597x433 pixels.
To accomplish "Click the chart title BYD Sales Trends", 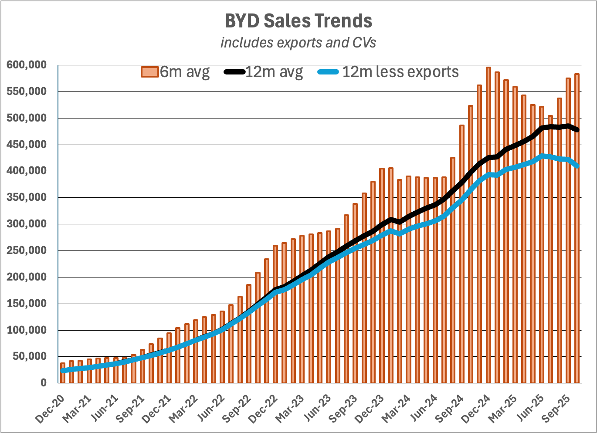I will click(x=298, y=21).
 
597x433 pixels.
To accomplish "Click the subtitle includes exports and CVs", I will click(x=298, y=43).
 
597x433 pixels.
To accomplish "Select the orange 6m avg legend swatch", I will click(x=149, y=72).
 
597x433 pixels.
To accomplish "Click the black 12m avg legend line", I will click(x=234, y=72).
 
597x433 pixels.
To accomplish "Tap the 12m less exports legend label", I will click(x=400, y=72).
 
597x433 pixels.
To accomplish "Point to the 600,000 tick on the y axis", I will click(x=27, y=65).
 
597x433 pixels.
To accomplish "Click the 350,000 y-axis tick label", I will click(x=27, y=198).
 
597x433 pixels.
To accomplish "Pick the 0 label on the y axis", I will click(x=43, y=383).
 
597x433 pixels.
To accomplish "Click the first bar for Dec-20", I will click(x=63, y=373).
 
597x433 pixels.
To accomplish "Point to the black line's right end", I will click(x=577, y=130).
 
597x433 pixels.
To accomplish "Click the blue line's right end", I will click(x=577, y=166).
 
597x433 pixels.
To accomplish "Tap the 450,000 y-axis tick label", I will click(x=27, y=145).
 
